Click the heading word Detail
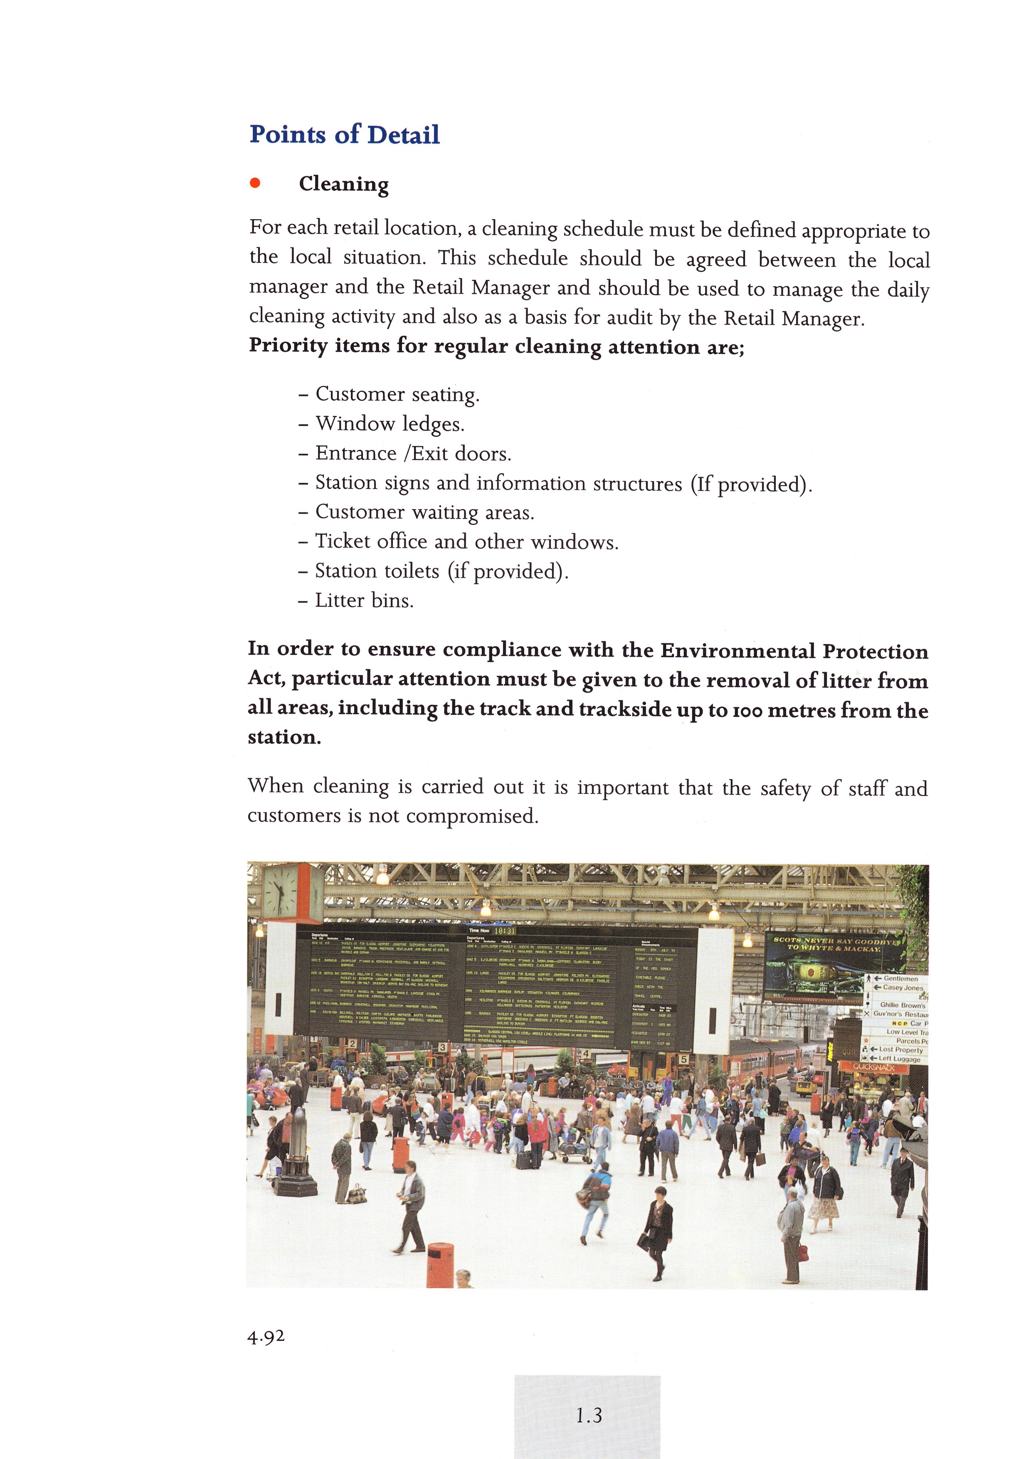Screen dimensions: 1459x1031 [x=403, y=135]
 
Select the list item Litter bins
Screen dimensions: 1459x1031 [x=364, y=601]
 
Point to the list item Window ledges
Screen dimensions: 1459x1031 [x=390, y=424]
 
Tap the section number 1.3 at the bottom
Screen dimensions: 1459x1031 [x=588, y=1416]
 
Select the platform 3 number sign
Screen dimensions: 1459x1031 [x=442, y=1047]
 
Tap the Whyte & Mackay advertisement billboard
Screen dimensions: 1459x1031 [x=832, y=967]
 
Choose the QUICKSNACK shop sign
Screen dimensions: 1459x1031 [x=873, y=1068]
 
